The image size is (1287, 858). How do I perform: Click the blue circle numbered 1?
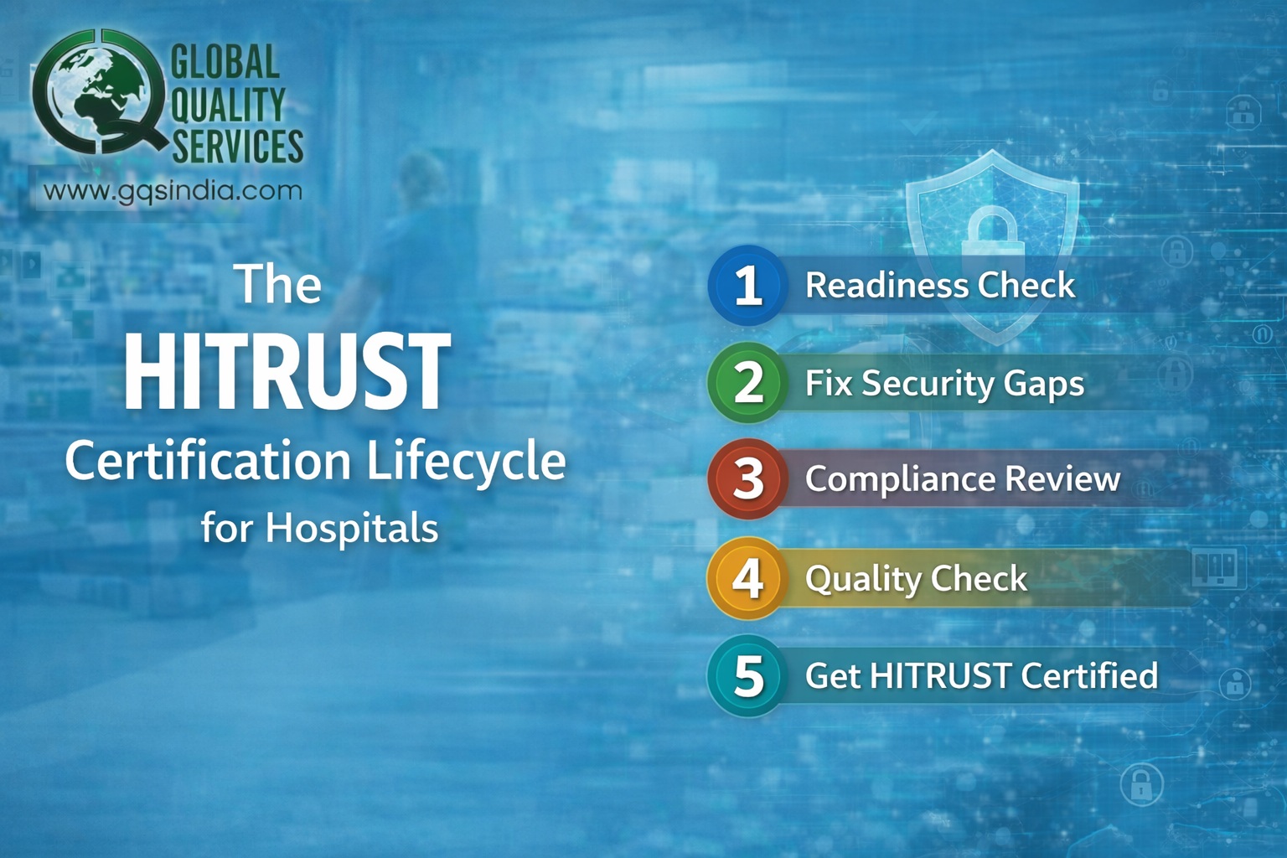747,285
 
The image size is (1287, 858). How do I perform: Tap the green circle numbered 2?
747,382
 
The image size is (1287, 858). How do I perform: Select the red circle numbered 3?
747,479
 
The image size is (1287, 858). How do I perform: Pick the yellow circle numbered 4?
747,577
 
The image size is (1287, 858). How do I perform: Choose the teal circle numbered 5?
747,675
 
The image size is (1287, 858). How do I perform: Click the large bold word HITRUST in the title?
287,372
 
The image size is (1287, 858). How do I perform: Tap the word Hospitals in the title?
352,529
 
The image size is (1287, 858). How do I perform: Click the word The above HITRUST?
278,284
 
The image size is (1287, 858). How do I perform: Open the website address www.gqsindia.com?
173,191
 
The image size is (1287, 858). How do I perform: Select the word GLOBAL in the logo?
225,63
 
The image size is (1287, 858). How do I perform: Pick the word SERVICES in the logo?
238,146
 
